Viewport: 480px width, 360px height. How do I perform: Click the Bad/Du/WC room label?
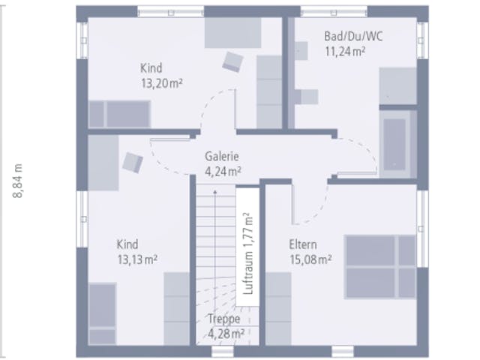click(x=353, y=37)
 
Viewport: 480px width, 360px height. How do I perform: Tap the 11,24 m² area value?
click(x=345, y=52)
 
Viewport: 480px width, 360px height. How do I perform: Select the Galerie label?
click(x=222, y=156)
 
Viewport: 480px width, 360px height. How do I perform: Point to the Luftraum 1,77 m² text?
click(x=248, y=253)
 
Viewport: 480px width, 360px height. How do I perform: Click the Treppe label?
click(x=224, y=319)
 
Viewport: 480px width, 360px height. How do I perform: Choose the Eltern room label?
click(x=303, y=244)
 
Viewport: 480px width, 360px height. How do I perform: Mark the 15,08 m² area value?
click(x=310, y=259)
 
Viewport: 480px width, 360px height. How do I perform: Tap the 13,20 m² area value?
click(x=162, y=83)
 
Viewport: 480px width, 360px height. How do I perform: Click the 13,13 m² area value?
click(x=137, y=259)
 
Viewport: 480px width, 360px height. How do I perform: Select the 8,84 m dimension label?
click(x=18, y=181)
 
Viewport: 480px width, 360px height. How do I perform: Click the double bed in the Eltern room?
click(x=380, y=267)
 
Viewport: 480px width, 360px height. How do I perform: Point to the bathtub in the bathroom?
click(x=394, y=144)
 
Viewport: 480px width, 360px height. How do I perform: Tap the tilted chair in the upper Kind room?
click(x=232, y=61)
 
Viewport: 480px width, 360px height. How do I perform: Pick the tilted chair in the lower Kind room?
click(x=133, y=163)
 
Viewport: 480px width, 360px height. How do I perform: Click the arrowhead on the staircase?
click(x=215, y=192)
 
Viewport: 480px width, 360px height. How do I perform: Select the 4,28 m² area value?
click(x=226, y=333)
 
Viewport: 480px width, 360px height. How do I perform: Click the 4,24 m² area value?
click(x=223, y=172)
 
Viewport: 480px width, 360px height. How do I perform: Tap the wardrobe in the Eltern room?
click(x=278, y=308)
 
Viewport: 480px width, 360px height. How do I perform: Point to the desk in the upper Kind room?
click(x=232, y=33)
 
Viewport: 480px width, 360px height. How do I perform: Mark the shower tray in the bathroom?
click(x=398, y=85)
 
